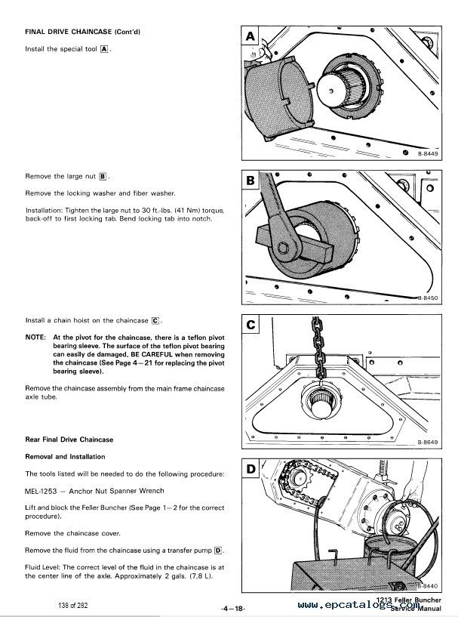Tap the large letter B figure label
click(x=251, y=180)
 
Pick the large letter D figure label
click(x=251, y=470)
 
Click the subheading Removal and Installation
click(x=65, y=457)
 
